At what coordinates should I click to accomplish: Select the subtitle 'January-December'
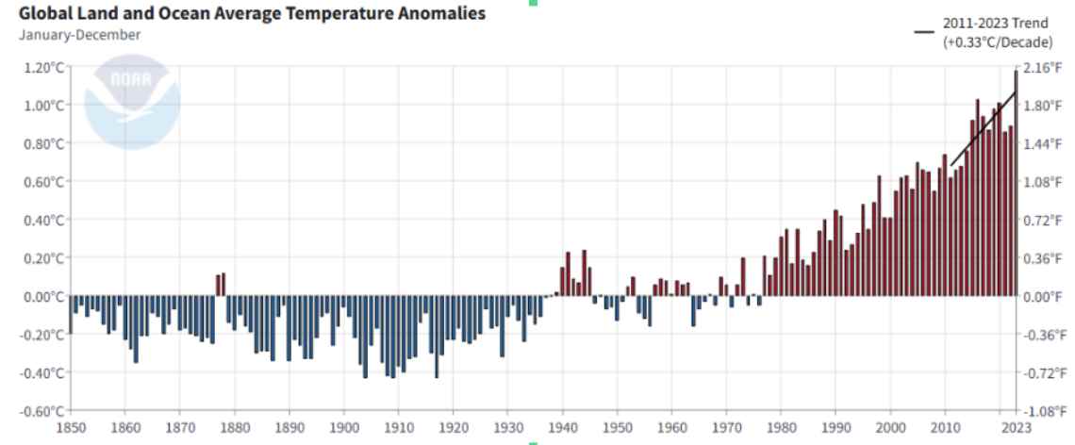point(79,35)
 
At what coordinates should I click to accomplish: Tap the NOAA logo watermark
point(132,103)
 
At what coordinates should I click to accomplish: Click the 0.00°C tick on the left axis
point(43,296)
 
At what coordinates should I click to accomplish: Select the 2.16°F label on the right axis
point(1041,67)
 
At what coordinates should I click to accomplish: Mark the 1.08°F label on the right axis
point(1041,182)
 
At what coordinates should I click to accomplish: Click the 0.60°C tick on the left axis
point(43,182)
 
